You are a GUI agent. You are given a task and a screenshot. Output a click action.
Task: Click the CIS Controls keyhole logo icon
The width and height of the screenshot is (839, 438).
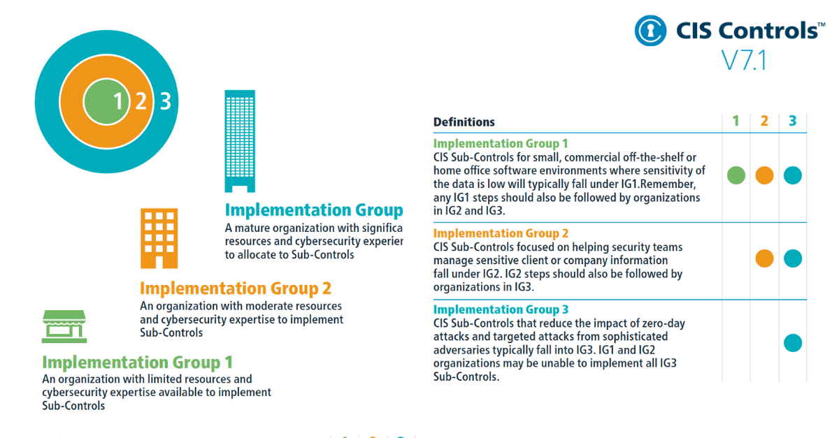tap(651, 30)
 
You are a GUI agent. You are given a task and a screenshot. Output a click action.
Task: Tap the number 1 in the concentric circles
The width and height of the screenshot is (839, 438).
tap(117, 102)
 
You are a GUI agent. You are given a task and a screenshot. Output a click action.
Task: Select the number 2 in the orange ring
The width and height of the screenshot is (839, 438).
tap(141, 102)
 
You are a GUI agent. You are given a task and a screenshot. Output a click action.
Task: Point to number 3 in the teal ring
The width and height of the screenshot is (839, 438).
tap(165, 102)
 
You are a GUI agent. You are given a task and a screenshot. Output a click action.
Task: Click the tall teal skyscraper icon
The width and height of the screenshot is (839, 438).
tap(240, 140)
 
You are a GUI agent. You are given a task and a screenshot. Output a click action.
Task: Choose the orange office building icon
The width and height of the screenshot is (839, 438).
tap(159, 238)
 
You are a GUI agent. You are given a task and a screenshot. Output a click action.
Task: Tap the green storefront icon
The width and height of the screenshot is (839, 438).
tap(64, 326)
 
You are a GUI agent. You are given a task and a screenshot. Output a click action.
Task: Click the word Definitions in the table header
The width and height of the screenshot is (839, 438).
tap(464, 122)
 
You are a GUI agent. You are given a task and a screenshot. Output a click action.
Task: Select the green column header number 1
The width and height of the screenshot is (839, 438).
tap(736, 122)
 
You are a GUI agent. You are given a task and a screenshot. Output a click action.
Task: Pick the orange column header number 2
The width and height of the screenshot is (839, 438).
tap(764, 122)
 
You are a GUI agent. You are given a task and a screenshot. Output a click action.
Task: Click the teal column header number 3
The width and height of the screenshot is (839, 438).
tap(792, 122)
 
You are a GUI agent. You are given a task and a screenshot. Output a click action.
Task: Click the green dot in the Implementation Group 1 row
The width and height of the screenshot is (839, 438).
tap(736, 175)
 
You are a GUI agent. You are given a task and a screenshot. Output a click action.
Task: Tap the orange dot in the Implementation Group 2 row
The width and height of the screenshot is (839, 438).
tap(764, 258)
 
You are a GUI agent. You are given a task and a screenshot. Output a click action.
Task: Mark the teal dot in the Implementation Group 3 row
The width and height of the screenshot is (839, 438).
tap(792, 343)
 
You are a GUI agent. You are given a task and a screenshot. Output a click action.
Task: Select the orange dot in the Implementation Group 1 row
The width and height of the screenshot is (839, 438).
tap(764, 175)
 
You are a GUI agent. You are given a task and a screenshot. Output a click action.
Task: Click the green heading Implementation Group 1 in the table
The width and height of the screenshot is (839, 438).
tap(501, 144)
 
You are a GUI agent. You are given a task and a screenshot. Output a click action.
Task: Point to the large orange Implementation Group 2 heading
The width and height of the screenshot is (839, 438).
tap(236, 289)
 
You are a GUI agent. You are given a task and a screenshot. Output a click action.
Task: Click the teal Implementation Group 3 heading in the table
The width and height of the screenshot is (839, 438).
tap(501, 309)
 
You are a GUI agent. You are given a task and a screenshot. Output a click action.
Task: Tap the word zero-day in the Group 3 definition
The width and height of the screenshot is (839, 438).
tap(661, 323)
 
